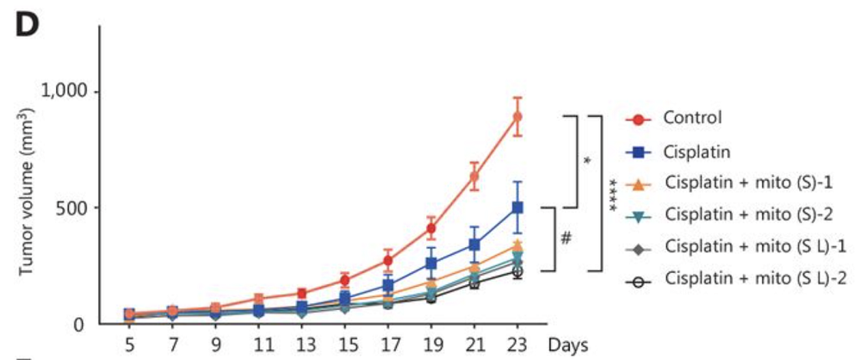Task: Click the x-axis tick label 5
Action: (129, 345)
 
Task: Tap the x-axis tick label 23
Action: (517, 345)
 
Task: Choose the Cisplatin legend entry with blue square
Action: (697, 151)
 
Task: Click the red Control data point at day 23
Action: (517, 116)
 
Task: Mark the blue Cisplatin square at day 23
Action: (517, 208)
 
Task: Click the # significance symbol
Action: (566, 239)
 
